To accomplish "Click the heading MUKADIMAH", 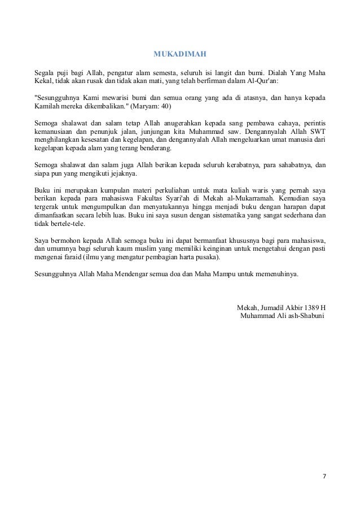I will point(181,55).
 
